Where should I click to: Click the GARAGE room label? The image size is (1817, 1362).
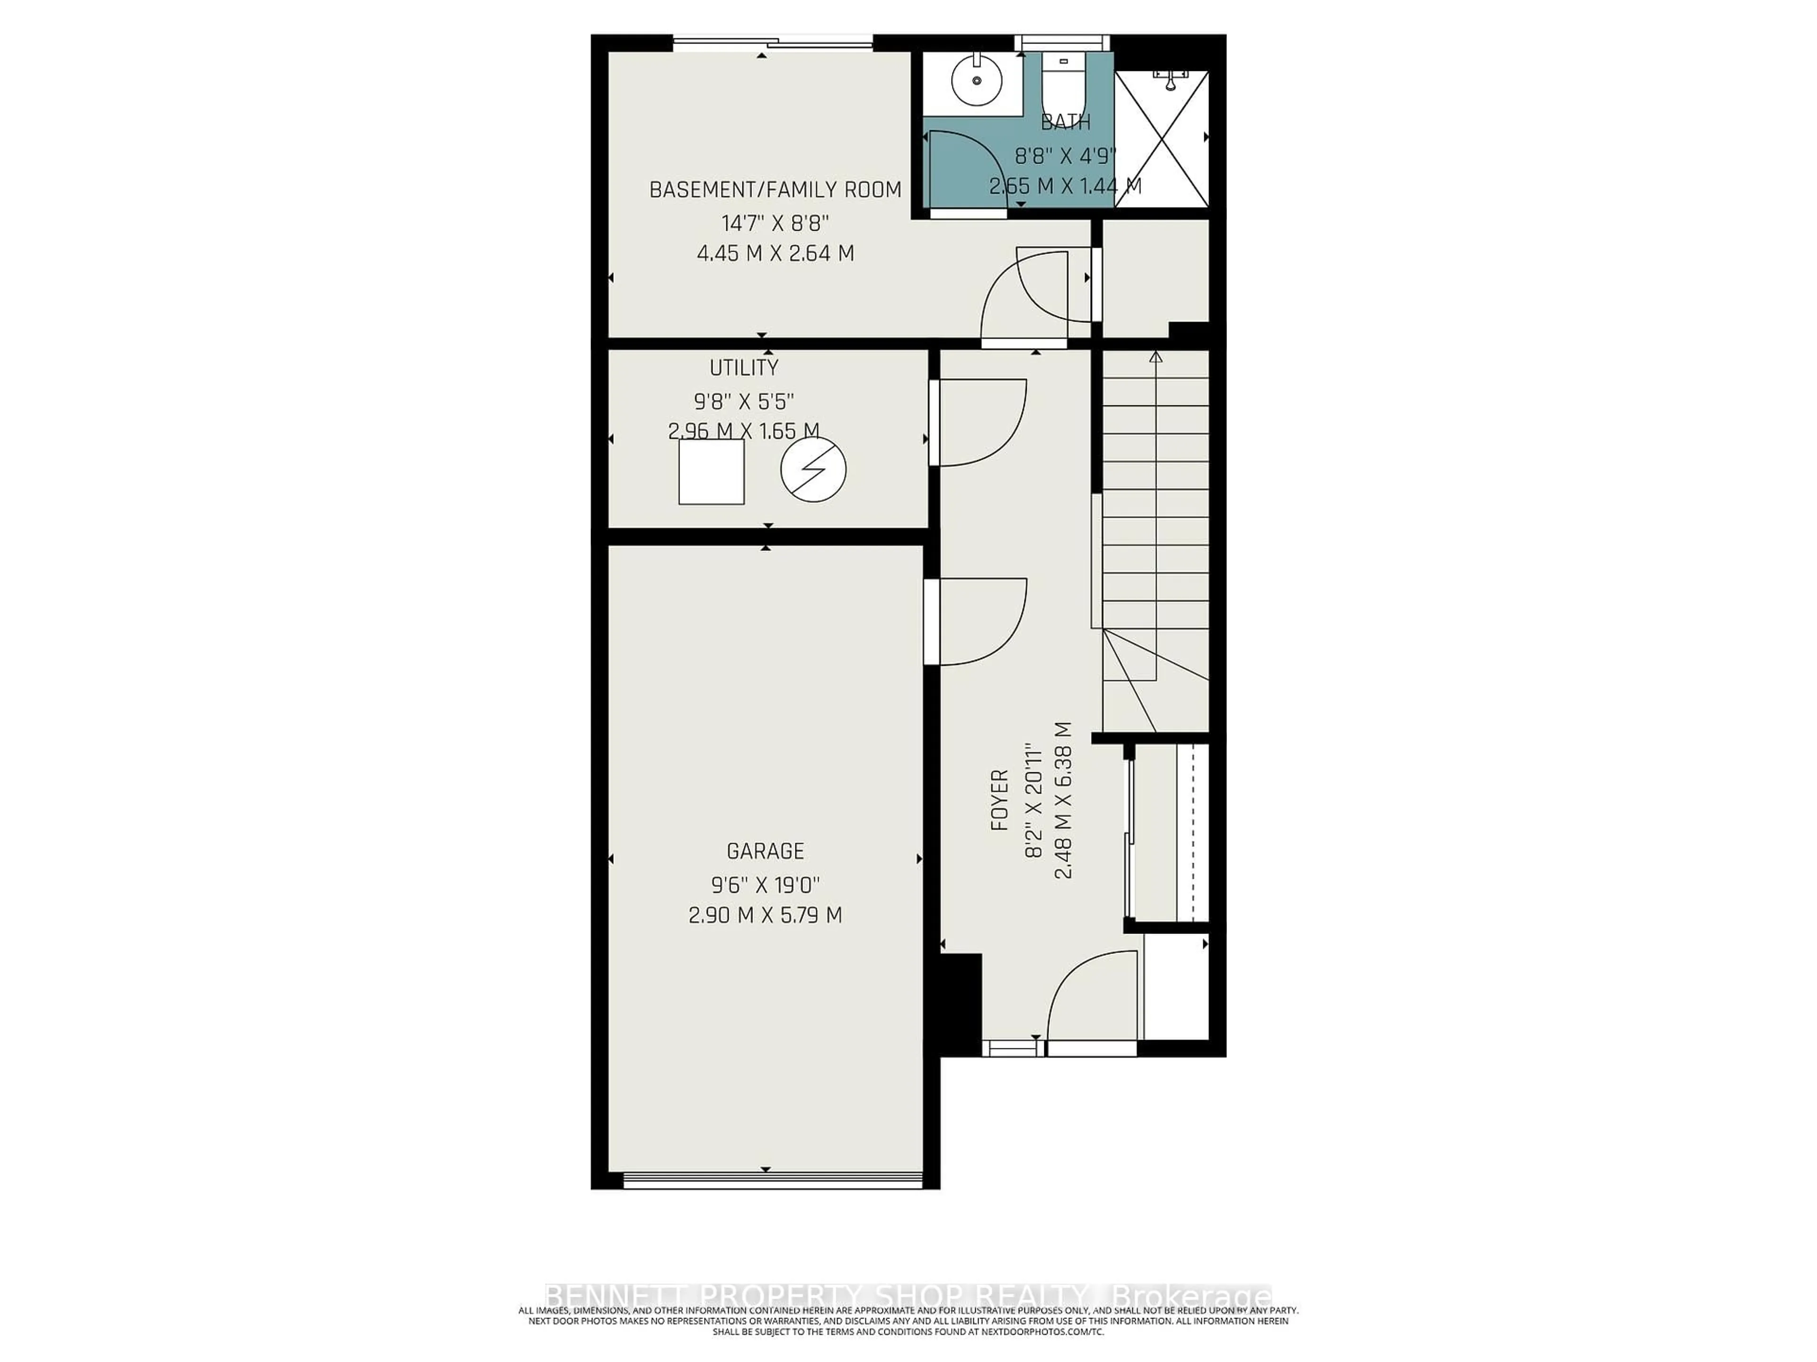765,850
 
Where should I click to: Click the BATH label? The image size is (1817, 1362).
1066,122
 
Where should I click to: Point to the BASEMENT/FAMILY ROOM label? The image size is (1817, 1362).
776,190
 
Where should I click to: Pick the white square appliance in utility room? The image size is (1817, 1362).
711,472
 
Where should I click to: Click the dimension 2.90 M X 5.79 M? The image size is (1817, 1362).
765,915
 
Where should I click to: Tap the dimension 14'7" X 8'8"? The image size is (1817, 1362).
776,222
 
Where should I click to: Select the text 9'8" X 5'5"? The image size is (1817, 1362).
744,402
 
